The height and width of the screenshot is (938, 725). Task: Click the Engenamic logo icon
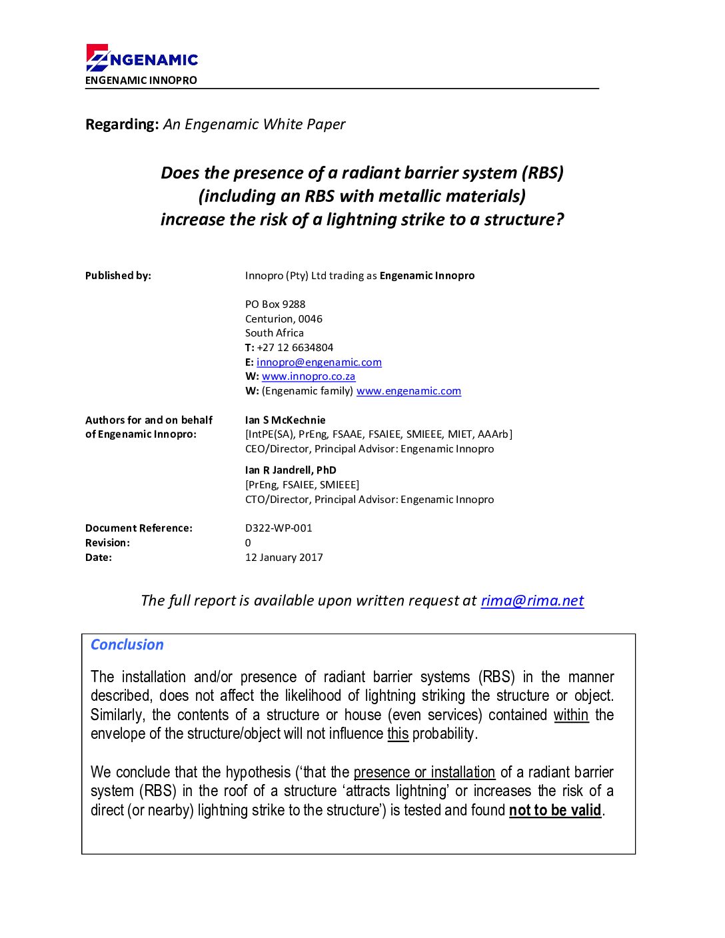[97, 58]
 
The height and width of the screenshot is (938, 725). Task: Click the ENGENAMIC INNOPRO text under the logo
[141, 81]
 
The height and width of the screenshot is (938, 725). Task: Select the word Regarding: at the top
[122, 125]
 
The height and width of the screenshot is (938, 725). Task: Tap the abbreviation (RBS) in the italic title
[542, 173]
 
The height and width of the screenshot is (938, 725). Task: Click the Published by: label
[118, 276]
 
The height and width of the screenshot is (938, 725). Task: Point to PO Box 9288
[275, 304]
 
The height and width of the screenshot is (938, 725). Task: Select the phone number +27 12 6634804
[295, 348]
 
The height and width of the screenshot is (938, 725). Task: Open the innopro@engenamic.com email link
[319, 362]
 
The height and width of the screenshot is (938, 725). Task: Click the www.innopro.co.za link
[309, 376]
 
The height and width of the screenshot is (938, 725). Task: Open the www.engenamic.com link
[408, 391]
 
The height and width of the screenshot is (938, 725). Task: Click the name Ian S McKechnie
[285, 420]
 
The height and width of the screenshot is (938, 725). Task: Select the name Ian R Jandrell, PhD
[291, 470]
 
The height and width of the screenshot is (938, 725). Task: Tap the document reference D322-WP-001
[279, 528]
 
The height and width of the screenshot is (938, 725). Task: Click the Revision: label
[107, 543]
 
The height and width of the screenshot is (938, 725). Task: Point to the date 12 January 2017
[284, 558]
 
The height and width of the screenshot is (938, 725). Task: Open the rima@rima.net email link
[532, 601]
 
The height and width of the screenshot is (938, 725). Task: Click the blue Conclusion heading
[127, 645]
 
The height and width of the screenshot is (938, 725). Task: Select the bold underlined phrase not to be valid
[555, 811]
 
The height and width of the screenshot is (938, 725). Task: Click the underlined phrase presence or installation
[424, 773]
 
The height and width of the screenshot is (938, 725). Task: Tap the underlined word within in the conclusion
[571, 715]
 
